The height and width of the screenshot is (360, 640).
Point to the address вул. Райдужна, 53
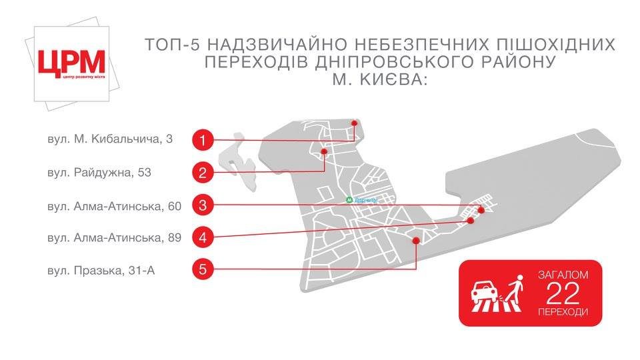tap(99, 172)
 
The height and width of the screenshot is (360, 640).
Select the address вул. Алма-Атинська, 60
tap(114, 205)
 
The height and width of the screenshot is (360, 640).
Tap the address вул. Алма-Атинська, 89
tap(114, 237)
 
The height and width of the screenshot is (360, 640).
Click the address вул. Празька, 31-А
tap(101, 269)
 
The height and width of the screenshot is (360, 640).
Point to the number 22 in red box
tap(563, 293)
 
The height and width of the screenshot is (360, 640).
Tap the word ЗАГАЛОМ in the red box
tap(563, 275)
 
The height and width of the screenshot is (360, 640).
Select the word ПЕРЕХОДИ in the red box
tap(563, 311)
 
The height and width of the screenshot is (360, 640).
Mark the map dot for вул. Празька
tap(417, 241)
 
